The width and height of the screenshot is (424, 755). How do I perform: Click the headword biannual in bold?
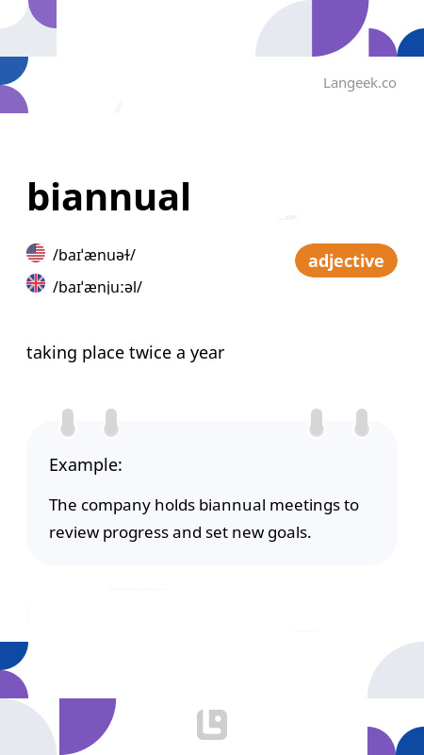pyautogui.click(x=108, y=197)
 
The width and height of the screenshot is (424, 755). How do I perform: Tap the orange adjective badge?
pyautogui.click(x=346, y=260)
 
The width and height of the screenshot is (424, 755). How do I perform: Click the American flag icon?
pyautogui.click(x=36, y=253)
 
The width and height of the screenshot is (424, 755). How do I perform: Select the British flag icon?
pyautogui.click(x=36, y=283)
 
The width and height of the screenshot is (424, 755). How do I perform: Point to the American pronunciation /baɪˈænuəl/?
pyautogui.click(x=94, y=255)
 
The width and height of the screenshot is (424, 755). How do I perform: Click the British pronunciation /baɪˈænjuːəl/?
pyautogui.click(x=98, y=286)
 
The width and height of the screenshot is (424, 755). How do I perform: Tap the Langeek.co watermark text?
pyautogui.click(x=359, y=83)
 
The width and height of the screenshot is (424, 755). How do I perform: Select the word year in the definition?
pyautogui.click(x=206, y=353)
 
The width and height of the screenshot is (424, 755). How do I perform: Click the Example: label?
pyautogui.click(x=85, y=465)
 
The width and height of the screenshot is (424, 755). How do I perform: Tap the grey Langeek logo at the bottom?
pyautogui.click(x=212, y=725)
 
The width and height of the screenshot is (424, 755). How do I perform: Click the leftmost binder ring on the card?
pyautogui.click(x=68, y=423)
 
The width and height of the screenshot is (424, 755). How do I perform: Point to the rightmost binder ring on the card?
pyautogui.click(x=361, y=423)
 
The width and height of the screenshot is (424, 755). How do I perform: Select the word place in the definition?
pyautogui.click(x=104, y=353)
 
